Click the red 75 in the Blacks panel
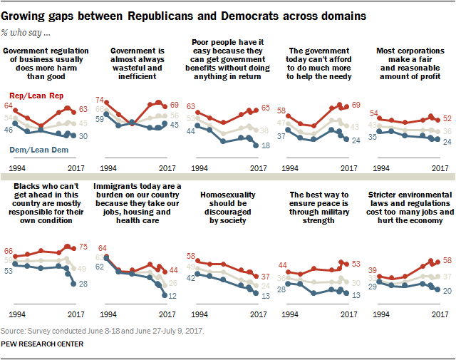click(82, 249)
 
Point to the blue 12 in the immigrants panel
click(173, 295)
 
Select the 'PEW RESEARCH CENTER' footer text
click(43, 344)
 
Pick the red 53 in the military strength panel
click(354, 264)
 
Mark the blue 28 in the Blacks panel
click(82, 284)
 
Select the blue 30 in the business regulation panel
click(82, 135)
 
